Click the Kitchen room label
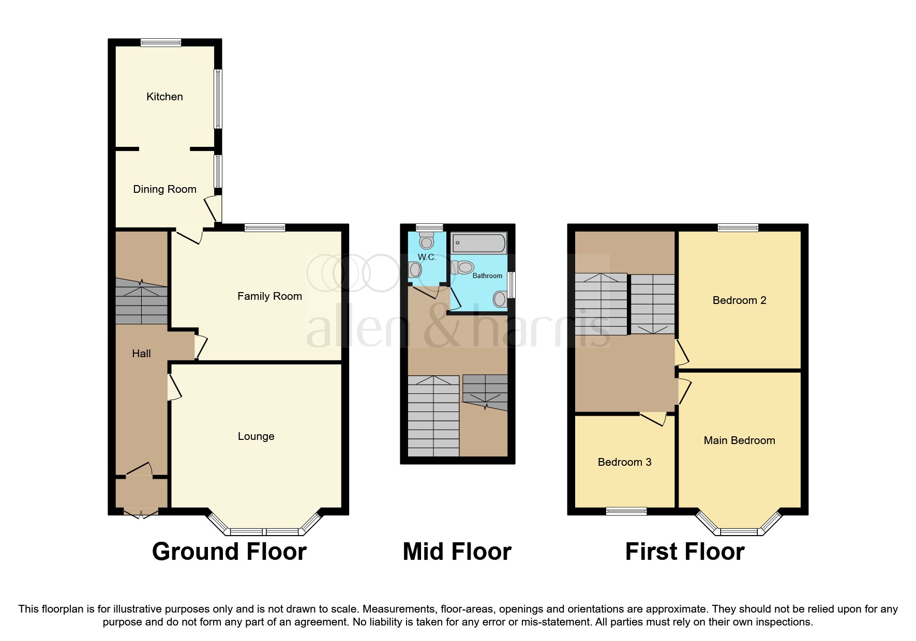(x=164, y=97)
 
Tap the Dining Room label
(x=164, y=189)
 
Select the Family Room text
(x=269, y=296)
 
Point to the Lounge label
(x=256, y=436)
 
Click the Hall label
(x=141, y=354)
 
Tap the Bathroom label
(x=487, y=276)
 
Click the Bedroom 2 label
(x=739, y=300)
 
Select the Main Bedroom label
(x=739, y=440)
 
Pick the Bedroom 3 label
(x=624, y=462)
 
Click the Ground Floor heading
(x=229, y=552)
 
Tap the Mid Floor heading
(x=457, y=552)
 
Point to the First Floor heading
(x=684, y=552)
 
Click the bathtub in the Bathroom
(x=479, y=243)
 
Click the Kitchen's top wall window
(x=161, y=43)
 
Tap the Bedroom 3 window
(x=626, y=511)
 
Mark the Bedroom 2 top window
(x=738, y=227)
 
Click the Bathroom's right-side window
(x=512, y=285)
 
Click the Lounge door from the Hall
(x=174, y=387)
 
